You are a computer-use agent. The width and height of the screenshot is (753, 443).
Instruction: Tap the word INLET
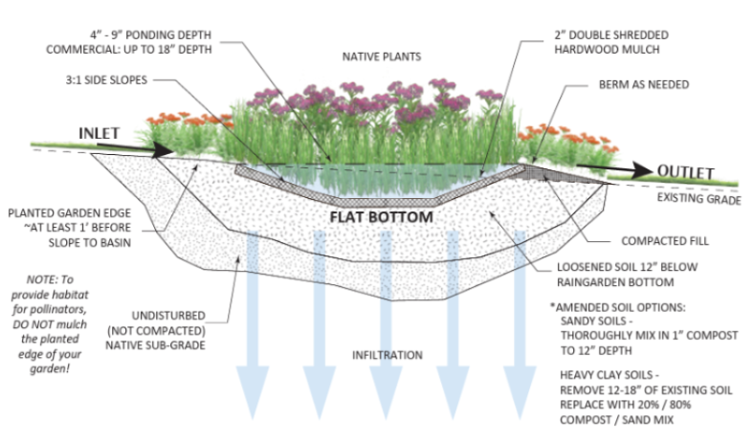pos(99,133)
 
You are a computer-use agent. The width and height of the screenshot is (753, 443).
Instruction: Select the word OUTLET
pos(685,171)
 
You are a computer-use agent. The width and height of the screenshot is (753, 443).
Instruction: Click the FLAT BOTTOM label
pos(382,216)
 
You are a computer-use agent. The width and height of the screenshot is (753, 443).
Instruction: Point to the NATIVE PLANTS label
pos(382,56)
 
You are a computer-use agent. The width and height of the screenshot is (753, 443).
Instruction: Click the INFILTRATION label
pos(388,355)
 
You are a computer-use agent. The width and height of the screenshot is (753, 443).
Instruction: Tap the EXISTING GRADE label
pos(698,198)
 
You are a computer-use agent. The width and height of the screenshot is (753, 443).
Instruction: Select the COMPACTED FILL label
pos(665,241)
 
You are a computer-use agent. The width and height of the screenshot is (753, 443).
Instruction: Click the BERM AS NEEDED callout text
pos(644,84)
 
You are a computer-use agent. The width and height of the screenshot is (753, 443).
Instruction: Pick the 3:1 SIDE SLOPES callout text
pos(106,80)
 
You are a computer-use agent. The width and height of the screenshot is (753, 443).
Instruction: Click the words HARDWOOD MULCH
pos(607,50)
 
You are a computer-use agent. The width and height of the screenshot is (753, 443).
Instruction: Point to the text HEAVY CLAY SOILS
pos(607,375)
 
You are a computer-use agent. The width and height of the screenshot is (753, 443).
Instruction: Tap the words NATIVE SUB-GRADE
pos(156,345)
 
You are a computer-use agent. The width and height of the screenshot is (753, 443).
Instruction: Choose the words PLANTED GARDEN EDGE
pos(70,212)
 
